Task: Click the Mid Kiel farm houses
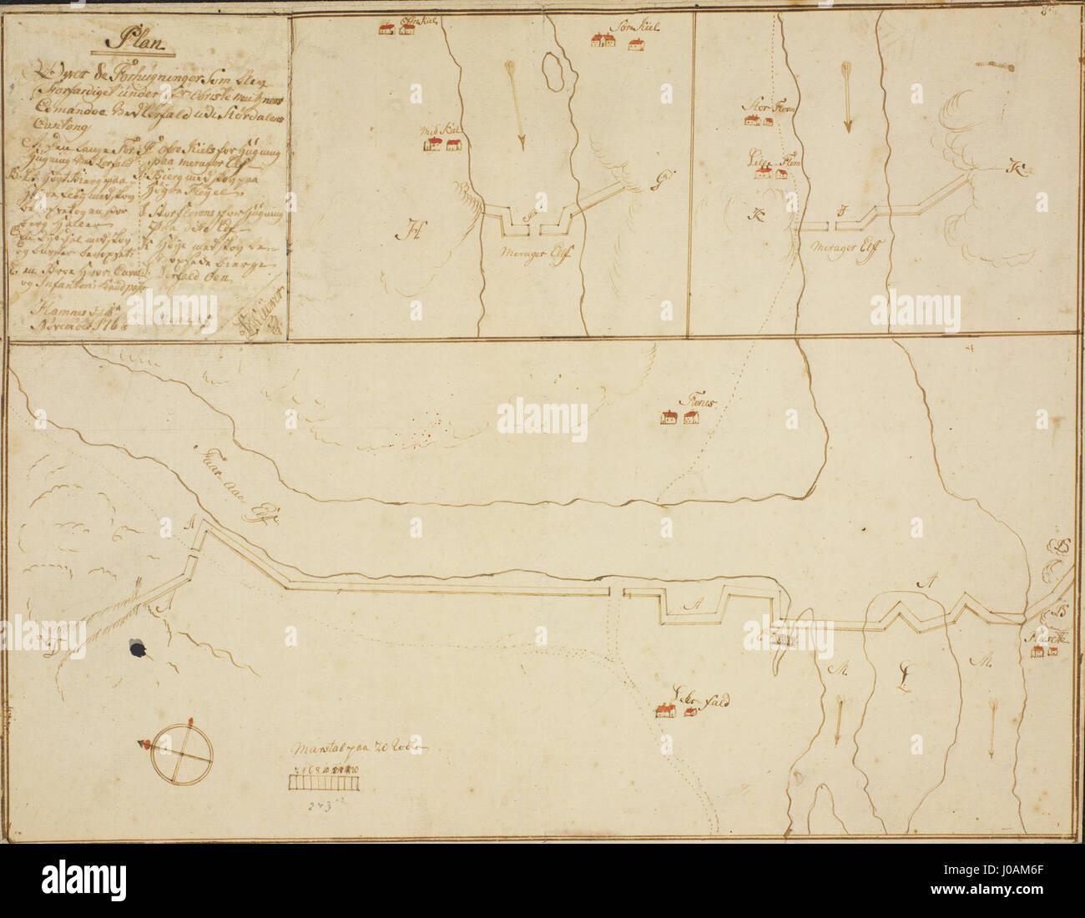coord(442,145)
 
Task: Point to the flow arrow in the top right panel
coord(846,97)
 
